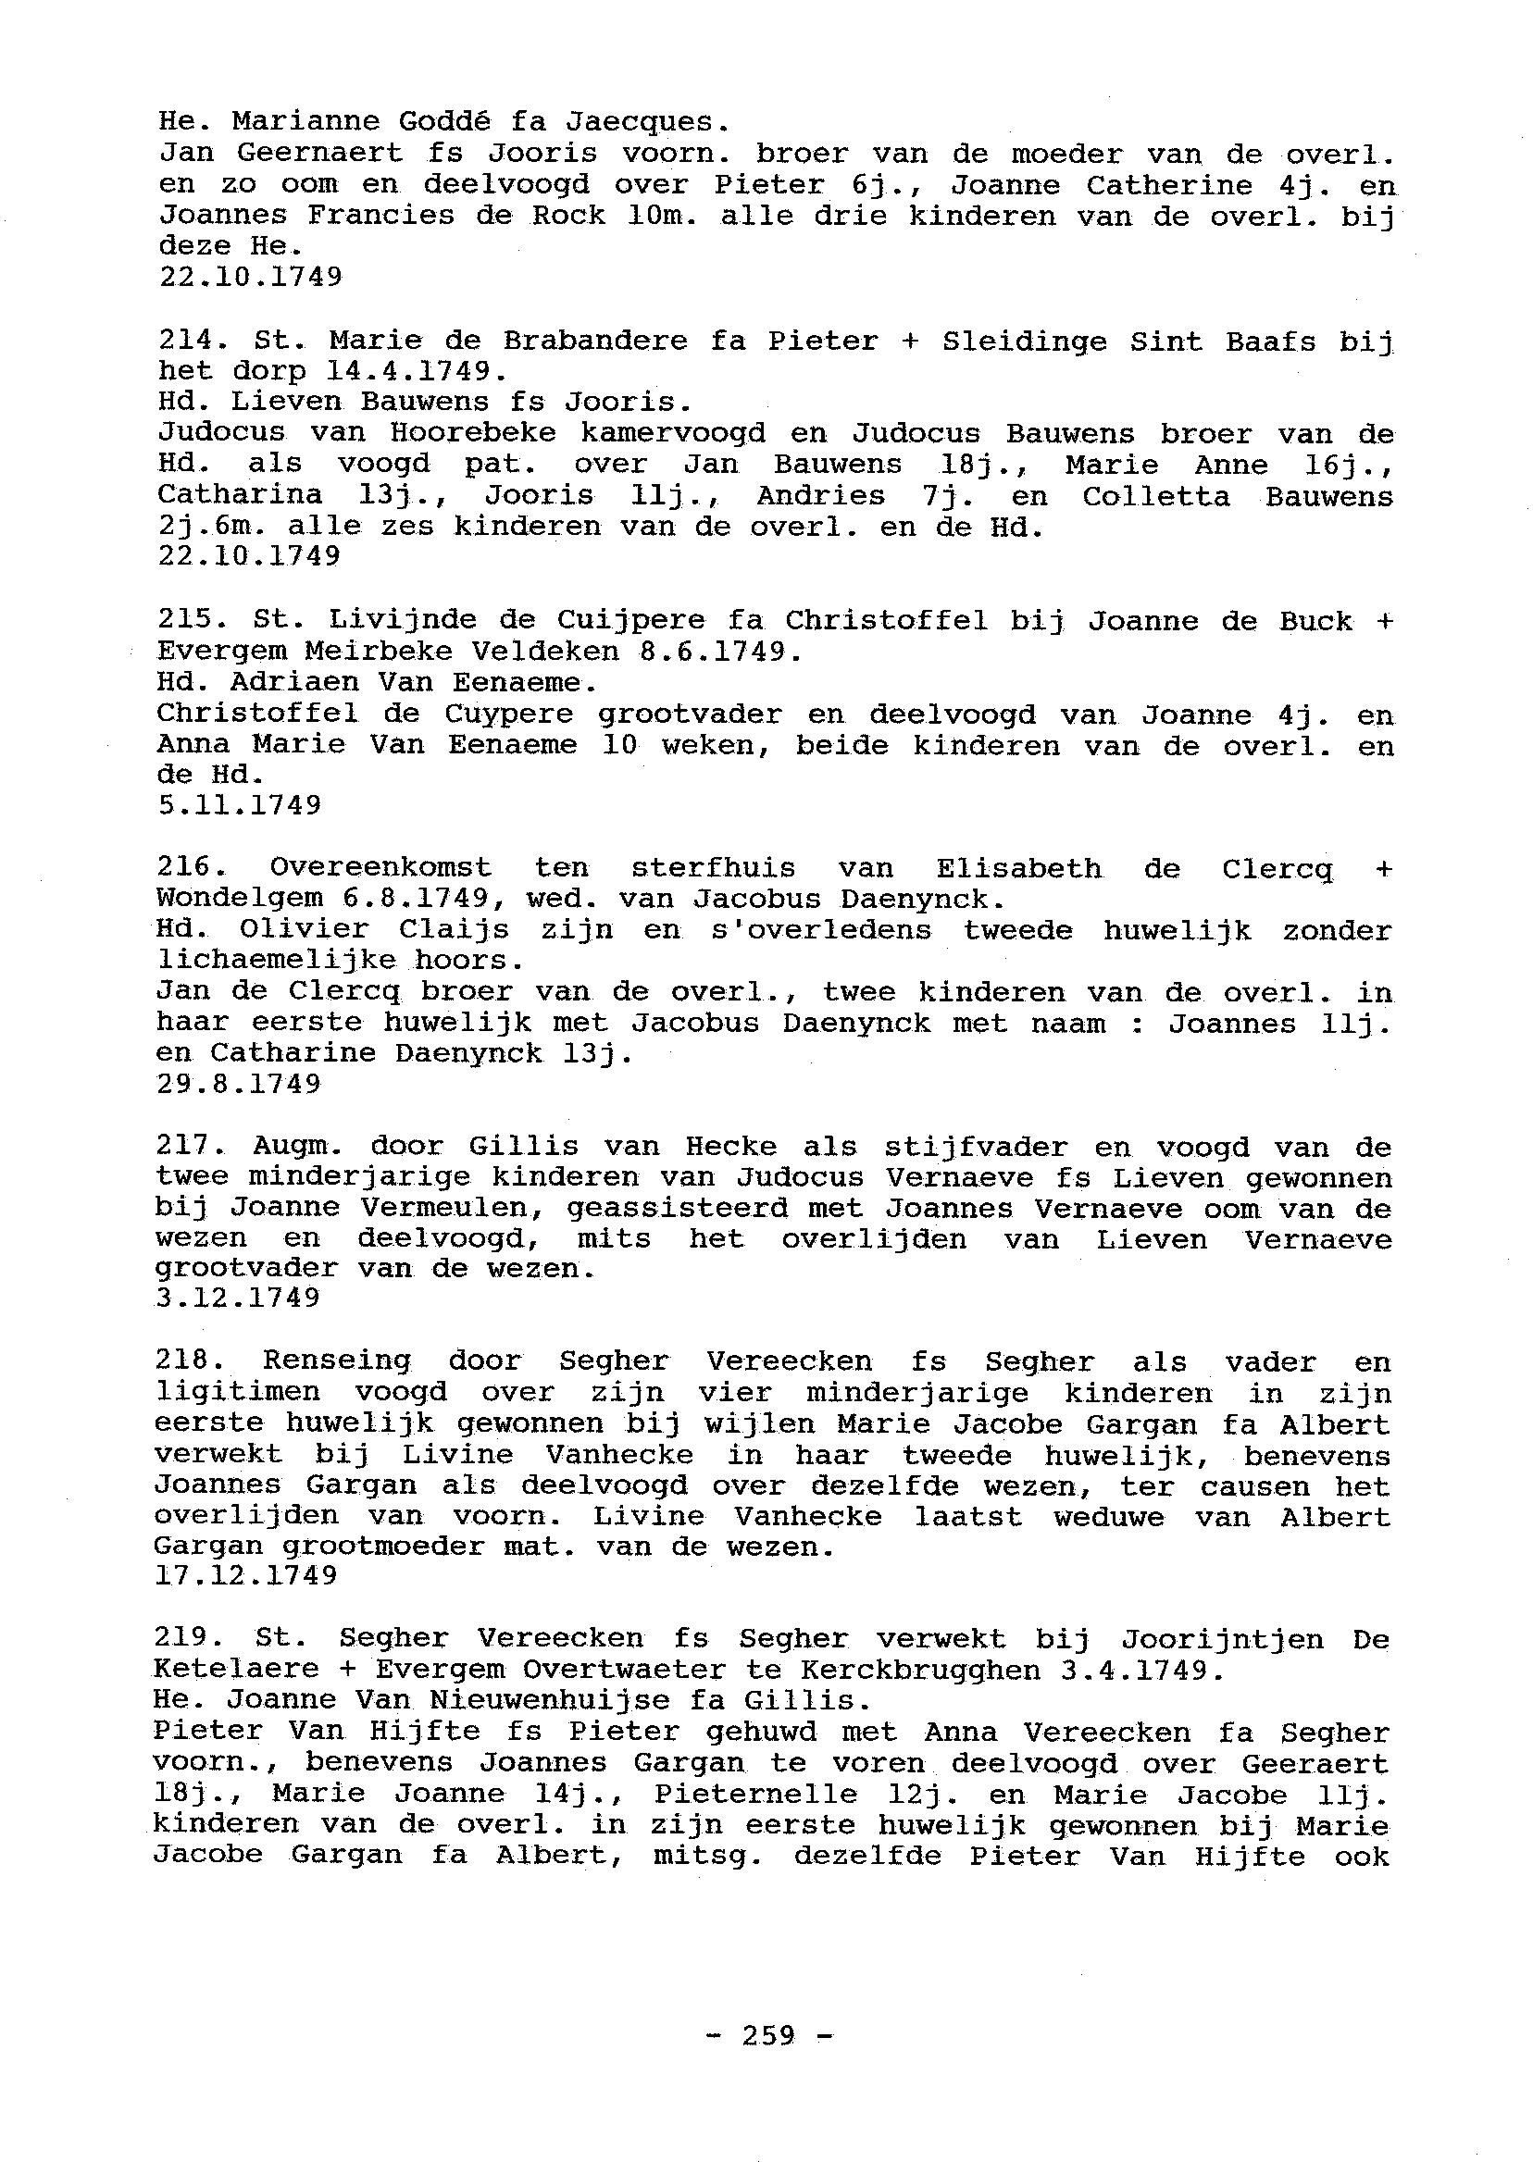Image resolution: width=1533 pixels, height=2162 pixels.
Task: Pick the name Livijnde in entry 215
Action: [390, 621]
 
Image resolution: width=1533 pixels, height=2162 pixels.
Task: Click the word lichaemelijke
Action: [273, 961]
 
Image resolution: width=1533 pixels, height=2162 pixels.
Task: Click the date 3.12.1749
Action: [239, 1298]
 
